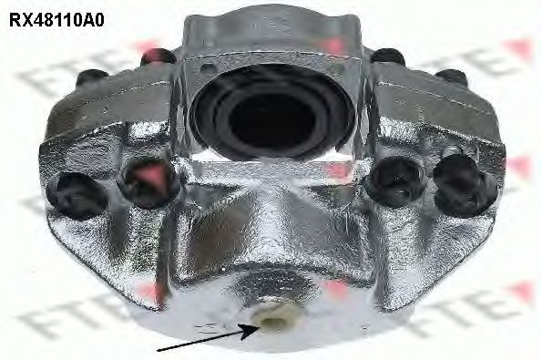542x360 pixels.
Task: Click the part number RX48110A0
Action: [x=56, y=20]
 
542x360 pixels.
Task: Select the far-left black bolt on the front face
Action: [x=76, y=196]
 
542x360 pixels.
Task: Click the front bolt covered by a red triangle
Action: [x=148, y=182]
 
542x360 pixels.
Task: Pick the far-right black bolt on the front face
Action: [x=462, y=186]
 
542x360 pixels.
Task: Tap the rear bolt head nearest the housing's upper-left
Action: [x=158, y=57]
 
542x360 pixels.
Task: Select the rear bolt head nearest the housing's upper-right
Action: [x=388, y=57]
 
